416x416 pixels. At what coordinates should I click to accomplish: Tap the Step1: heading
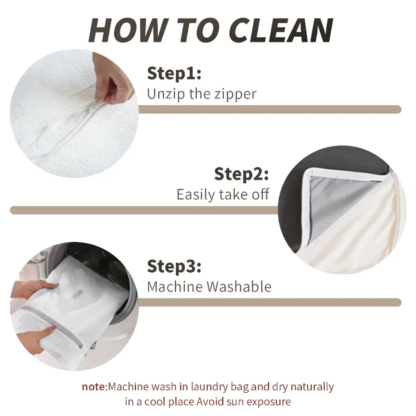pyautogui.click(x=174, y=73)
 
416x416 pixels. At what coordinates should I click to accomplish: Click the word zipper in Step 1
pyautogui.click(x=235, y=94)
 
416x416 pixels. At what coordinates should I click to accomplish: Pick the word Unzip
pyautogui.click(x=166, y=94)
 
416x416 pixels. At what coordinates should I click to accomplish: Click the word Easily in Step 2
pyautogui.click(x=196, y=195)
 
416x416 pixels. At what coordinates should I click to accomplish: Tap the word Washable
pyautogui.click(x=239, y=286)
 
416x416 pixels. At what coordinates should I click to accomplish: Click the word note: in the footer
pyautogui.click(x=94, y=387)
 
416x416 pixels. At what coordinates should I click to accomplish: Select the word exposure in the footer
pyautogui.click(x=269, y=402)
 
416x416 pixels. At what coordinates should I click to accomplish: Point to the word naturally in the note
pyautogui.click(x=312, y=387)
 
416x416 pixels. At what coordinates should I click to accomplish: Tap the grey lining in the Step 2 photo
pyautogui.click(x=342, y=201)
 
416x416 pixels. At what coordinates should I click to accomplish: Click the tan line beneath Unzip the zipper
pyautogui.click(x=270, y=109)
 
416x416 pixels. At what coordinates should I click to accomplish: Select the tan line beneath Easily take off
pyautogui.click(x=145, y=210)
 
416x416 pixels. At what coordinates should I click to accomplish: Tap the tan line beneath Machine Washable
pyautogui.click(x=270, y=302)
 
